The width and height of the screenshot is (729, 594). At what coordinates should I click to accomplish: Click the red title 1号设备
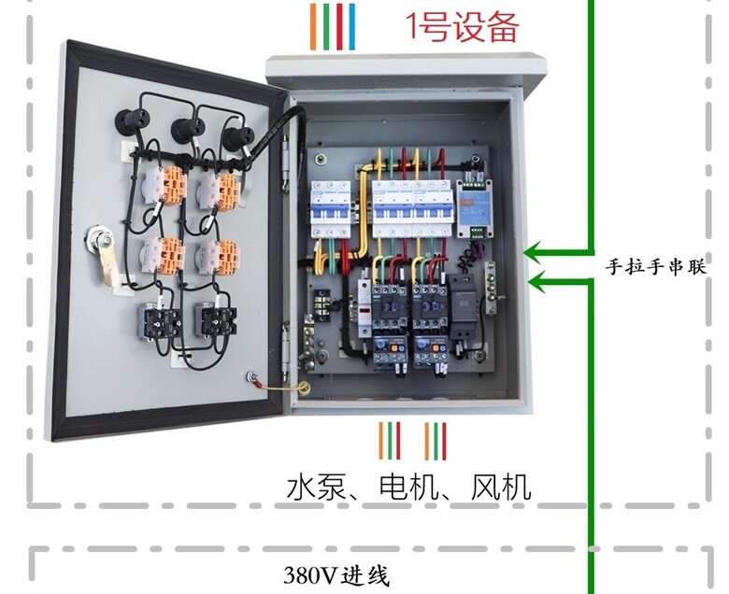[462, 26]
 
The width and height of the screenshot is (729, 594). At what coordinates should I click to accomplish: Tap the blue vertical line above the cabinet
[351, 26]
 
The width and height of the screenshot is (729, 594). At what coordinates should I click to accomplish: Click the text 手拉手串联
[655, 267]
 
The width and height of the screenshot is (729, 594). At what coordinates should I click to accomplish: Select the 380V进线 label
[336, 575]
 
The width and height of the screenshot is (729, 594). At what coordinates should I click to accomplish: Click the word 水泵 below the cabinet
[317, 488]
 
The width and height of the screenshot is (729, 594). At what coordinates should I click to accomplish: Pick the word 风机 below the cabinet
[501, 488]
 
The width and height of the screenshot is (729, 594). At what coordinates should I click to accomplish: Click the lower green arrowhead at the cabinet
[538, 281]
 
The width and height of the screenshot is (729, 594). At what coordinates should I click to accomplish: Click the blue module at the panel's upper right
[474, 207]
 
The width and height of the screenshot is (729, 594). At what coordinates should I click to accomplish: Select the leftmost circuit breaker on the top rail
[331, 209]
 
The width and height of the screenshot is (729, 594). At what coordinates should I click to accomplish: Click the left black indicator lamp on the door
[130, 120]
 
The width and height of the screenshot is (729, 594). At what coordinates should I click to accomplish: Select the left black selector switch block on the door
[162, 320]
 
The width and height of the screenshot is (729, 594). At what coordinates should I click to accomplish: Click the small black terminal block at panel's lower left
[322, 304]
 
